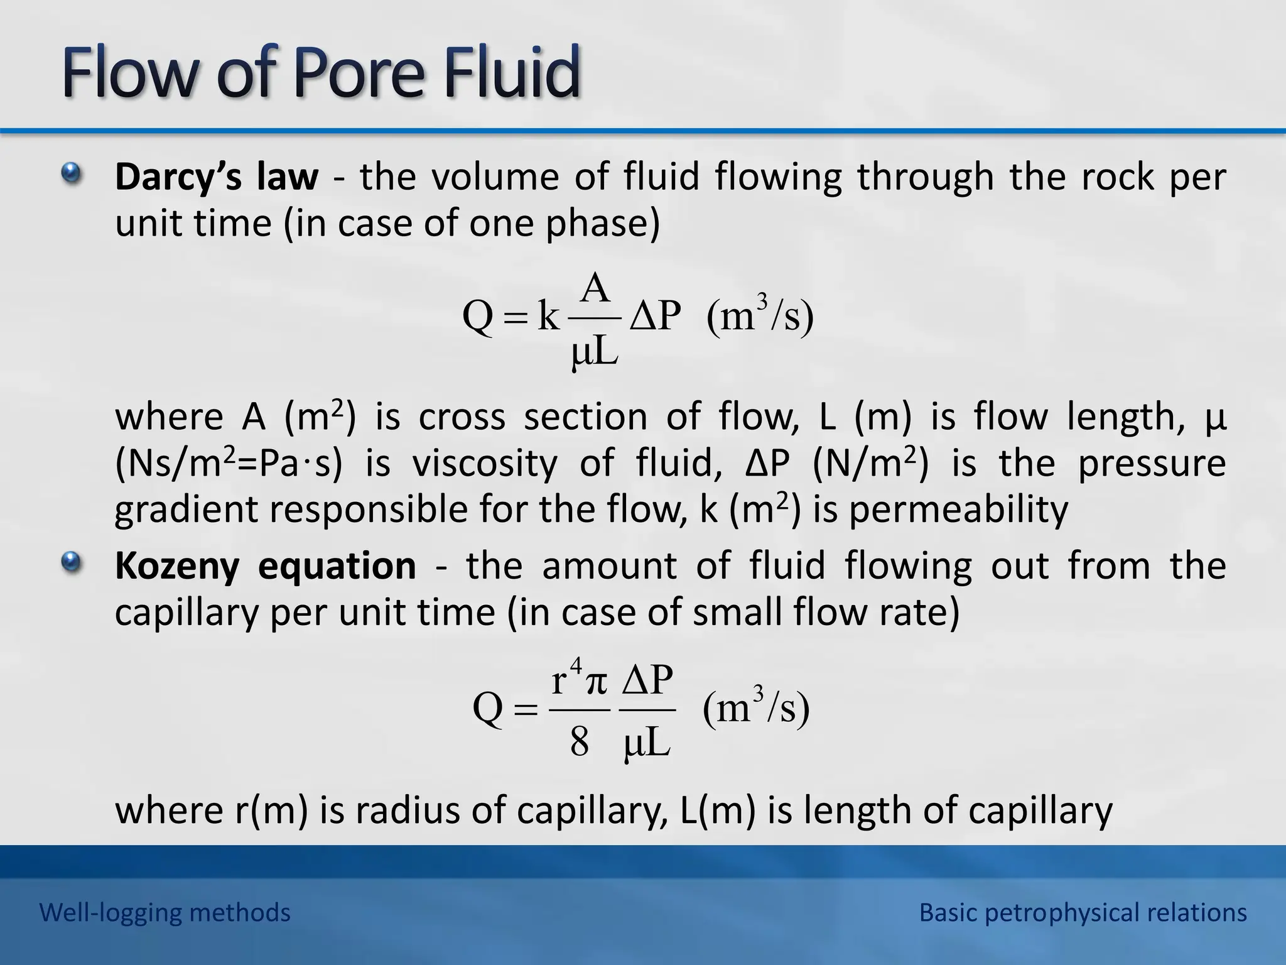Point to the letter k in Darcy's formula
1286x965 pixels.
[548, 316]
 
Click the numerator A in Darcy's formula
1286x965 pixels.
[595, 289]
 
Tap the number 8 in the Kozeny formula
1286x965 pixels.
[579, 741]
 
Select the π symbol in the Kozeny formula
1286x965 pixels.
[596, 682]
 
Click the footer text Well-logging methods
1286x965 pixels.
[165, 912]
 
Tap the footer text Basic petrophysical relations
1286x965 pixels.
[1083, 912]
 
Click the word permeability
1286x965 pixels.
[958, 510]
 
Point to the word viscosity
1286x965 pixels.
[484, 464]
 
